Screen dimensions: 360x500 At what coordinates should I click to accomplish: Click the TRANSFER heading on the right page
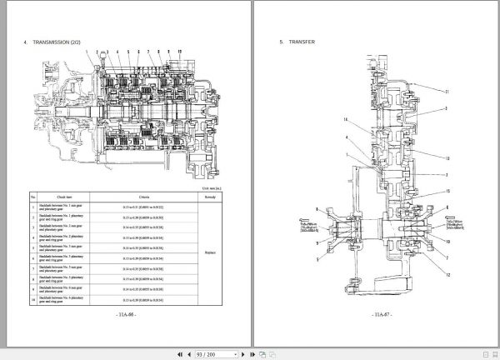point(302,42)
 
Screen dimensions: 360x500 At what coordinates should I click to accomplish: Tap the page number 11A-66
point(124,316)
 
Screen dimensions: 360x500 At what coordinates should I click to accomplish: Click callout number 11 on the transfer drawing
point(447,91)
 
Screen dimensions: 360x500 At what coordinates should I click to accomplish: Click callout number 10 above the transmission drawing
point(179,52)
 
